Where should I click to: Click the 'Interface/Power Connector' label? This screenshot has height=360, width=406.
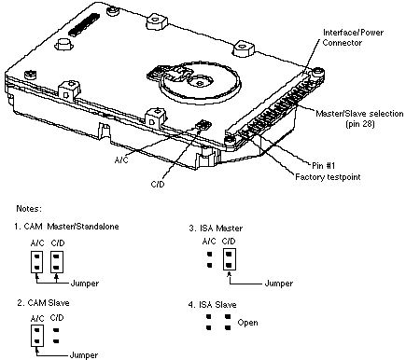point(353,37)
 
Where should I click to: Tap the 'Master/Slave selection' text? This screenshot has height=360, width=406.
point(359,114)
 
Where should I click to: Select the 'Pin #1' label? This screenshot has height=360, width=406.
point(324,165)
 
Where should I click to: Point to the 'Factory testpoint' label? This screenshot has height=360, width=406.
point(328,177)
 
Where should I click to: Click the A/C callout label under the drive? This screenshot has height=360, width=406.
point(121,160)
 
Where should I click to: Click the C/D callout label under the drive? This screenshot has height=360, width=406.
point(158,185)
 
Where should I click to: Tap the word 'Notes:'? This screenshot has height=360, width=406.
point(29,209)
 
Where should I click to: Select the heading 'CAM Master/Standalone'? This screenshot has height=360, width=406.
point(66,227)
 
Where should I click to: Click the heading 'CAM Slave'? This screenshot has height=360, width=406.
point(43,303)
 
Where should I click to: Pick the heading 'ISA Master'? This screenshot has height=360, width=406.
point(216,228)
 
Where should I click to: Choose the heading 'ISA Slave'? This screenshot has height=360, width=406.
point(212,305)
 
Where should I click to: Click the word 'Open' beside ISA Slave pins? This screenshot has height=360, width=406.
point(247,323)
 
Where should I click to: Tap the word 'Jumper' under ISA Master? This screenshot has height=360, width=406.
point(279,284)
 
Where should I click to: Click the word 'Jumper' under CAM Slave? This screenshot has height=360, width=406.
point(84,355)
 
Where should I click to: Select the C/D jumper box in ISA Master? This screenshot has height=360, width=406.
point(230,259)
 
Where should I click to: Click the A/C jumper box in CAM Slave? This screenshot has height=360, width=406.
point(37,336)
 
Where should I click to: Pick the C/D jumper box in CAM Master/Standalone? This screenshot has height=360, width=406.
point(57,262)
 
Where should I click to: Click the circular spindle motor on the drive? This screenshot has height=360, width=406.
point(201,82)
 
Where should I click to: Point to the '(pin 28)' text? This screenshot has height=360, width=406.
point(360,124)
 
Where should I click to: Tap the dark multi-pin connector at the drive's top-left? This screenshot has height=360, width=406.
point(84,24)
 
